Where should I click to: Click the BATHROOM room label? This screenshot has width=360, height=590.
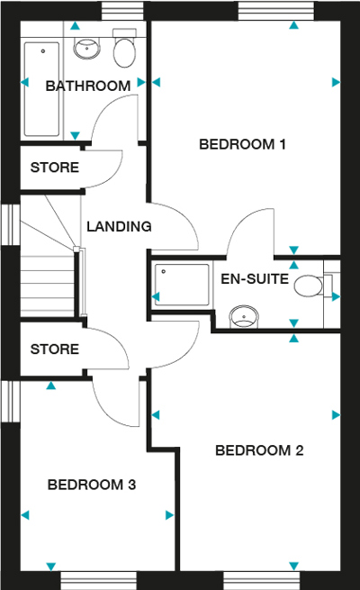point(88,86)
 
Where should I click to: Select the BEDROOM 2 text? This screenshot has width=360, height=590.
point(258,450)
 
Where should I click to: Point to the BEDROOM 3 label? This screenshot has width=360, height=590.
point(91,486)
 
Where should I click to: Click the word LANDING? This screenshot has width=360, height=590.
point(118,227)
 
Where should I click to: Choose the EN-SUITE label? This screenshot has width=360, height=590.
point(255,279)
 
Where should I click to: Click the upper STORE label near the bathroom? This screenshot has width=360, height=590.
point(54,168)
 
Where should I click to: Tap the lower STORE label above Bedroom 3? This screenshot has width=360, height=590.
point(54,349)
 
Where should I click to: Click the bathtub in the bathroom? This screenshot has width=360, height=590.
point(41,86)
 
